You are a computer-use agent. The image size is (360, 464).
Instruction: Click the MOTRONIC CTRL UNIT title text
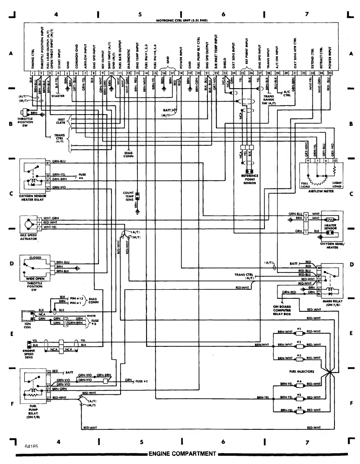pyautogui.click(x=180, y=20)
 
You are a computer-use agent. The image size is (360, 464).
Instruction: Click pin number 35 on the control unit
pyautogui.click(x=330, y=74)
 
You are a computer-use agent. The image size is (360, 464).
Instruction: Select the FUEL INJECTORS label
pyautogui.click(x=302, y=371)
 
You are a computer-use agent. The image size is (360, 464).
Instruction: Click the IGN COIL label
pyautogui.click(x=27, y=326)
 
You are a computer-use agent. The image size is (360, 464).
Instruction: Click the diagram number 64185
pyautogui.click(x=31, y=445)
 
